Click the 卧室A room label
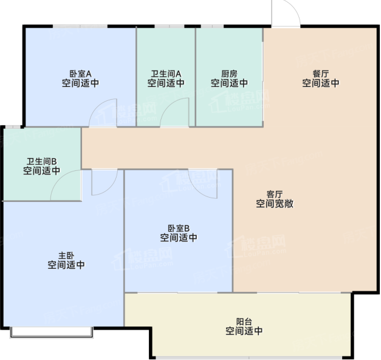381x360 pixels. pos(80,74)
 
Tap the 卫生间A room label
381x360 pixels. pos(166,74)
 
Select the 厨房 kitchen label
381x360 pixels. pos(229,74)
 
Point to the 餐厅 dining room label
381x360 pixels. pos(321,74)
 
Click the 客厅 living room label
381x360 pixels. pos(275,194)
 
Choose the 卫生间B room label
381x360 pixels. pos(41,161)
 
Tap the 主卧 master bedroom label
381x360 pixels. pos(66,255)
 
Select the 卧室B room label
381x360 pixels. pos(179,228)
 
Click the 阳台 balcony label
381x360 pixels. pos(244,322)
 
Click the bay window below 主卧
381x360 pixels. pos(52,333)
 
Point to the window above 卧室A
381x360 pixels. pos(80,26)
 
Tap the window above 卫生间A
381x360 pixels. pos(170,26)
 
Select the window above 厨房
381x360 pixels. pos(212,26)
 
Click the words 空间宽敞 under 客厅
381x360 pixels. pos(275,204)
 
